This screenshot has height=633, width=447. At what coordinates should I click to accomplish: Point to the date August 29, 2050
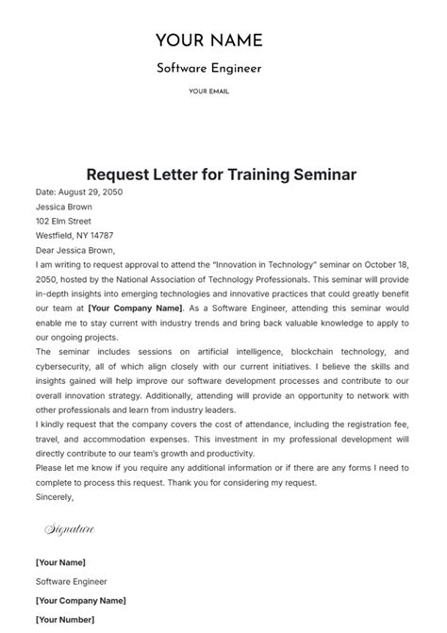(91, 192)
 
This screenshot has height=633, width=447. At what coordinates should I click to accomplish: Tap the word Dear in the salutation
(47, 251)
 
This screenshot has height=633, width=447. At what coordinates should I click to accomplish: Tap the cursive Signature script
(70, 530)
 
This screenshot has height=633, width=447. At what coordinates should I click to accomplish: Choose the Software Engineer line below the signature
(72, 582)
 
